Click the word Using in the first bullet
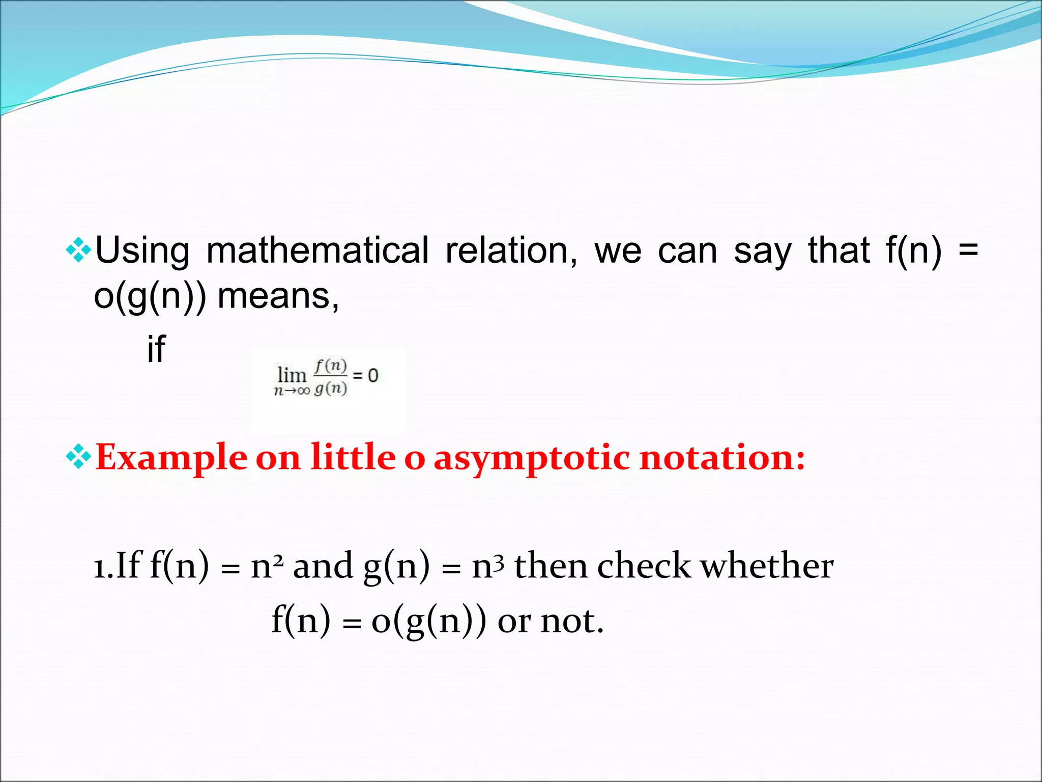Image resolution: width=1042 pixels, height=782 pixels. [x=142, y=250]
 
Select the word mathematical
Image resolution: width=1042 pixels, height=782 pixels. [x=317, y=250]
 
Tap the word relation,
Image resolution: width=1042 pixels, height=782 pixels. [x=511, y=250]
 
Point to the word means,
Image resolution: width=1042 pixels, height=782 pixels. [x=278, y=296]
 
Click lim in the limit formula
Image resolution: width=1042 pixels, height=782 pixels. [x=292, y=375]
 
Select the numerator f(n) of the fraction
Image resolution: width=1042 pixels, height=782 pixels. [x=331, y=365]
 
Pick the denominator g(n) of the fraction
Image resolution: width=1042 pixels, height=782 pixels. [x=331, y=388]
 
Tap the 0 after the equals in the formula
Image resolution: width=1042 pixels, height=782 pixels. [x=373, y=376]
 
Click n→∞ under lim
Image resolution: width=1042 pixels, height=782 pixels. [x=292, y=391]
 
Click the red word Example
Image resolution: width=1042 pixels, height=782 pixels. [x=171, y=457]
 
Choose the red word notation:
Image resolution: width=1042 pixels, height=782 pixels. [x=722, y=457]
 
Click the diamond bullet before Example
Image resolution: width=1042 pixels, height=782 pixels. [x=78, y=456]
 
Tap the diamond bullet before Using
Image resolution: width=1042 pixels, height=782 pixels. [x=78, y=250]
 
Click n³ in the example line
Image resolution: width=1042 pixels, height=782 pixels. [x=487, y=566]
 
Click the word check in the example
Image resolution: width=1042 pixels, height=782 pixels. [x=644, y=566]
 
